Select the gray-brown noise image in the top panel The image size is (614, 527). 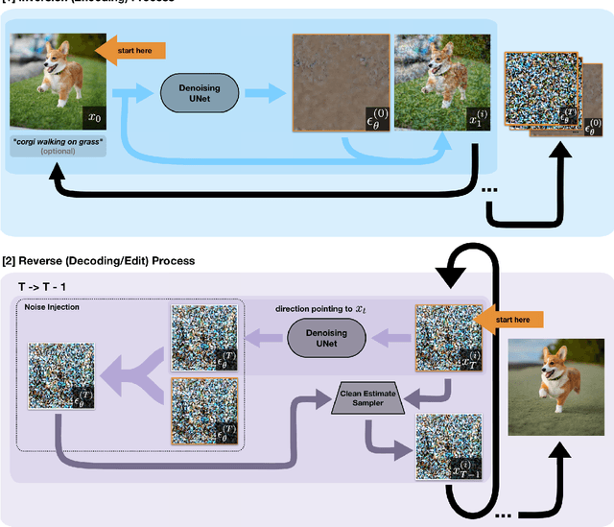(x=340, y=84)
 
